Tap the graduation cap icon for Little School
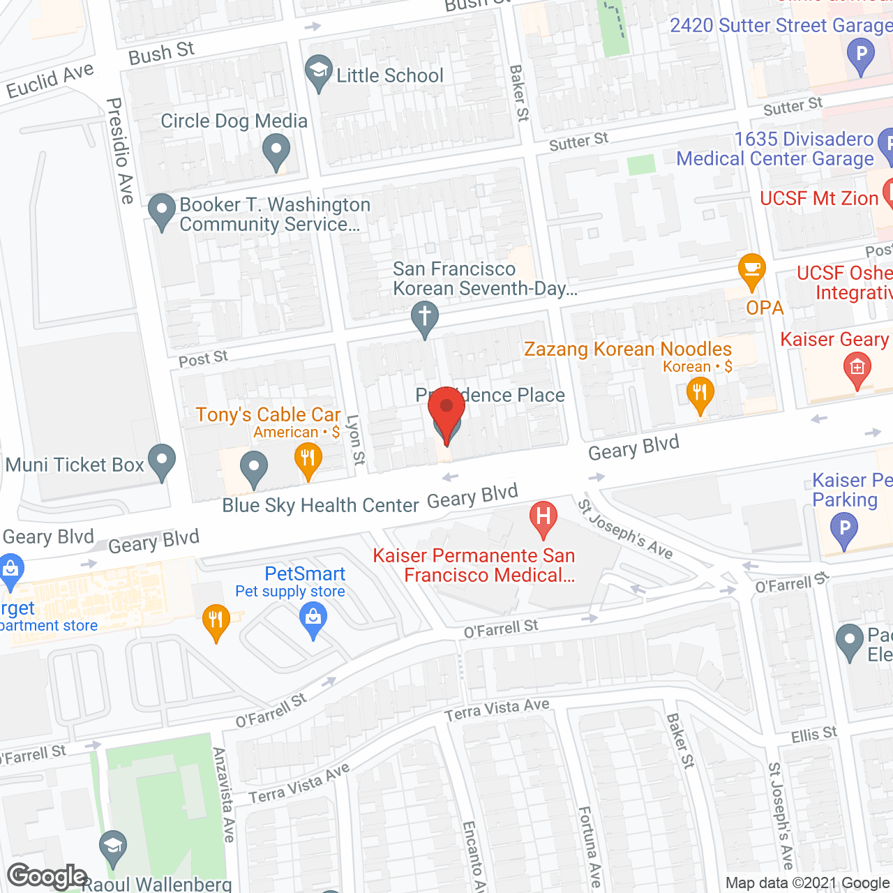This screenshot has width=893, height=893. coord(319,72)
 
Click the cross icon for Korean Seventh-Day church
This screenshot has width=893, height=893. coord(424,318)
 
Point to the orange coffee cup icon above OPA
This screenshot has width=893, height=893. coord(751,271)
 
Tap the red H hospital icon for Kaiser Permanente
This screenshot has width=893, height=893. coord(543,518)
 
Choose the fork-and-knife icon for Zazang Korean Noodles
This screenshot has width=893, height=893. coord(700,395)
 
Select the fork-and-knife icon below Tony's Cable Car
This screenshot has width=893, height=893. coord(308,461)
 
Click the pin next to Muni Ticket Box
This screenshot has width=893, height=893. coord(162,462)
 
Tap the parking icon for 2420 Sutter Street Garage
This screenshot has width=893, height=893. coord(860,55)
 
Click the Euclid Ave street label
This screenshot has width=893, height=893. coord(50,81)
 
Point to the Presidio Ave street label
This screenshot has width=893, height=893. coord(120,151)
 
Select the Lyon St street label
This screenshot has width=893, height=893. coord(355,440)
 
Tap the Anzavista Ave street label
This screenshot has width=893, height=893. coord(224,795)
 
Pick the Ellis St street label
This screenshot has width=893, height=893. coord(813,735)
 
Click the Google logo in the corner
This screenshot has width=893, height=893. coord(47,876)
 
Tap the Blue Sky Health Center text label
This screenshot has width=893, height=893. coord(320,505)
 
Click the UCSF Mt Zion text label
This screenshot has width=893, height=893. coord(818,199)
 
